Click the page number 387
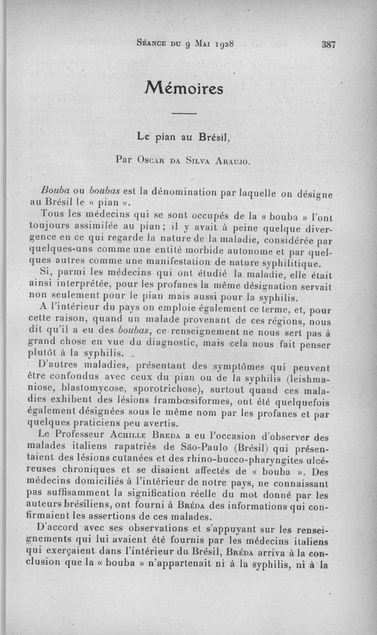328,45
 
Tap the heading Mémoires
184,88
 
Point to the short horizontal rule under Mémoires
184,114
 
